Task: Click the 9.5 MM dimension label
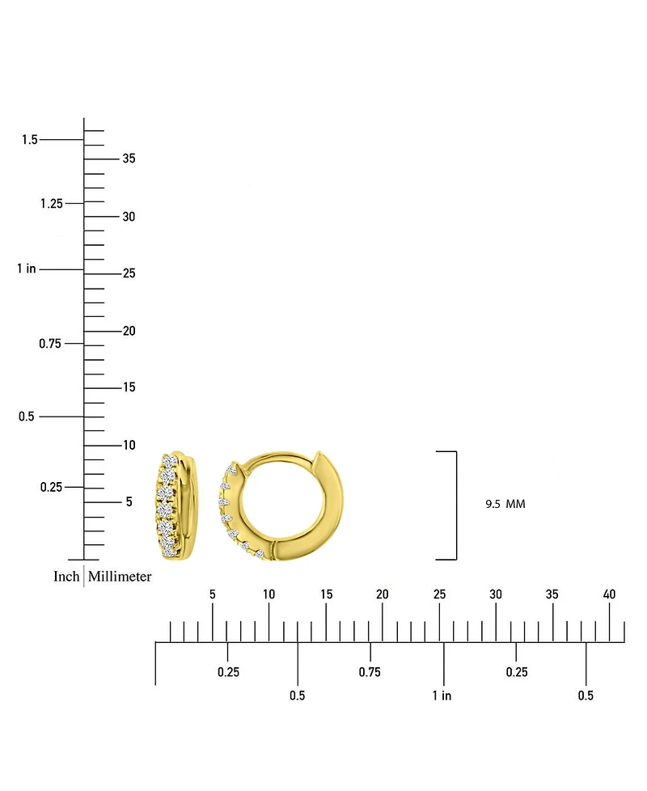[505, 504]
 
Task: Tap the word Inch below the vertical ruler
[66, 577]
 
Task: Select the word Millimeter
[120, 577]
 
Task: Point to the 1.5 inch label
[30, 140]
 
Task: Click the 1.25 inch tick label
[51, 203]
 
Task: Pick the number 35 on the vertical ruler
[129, 159]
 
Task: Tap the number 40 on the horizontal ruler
[609, 594]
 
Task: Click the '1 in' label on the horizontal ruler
[442, 696]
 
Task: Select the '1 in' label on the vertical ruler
[26, 269]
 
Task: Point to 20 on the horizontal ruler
[383, 594]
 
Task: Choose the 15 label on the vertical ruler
[129, 387]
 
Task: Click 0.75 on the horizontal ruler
[370, 672]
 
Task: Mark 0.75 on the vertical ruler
[51, 344]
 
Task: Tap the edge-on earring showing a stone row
[175, 505]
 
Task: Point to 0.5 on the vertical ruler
[27, 417]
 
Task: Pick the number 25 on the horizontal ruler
[439, 594]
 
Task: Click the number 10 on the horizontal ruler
[269, 594]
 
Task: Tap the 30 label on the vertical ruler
[129, 217]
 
